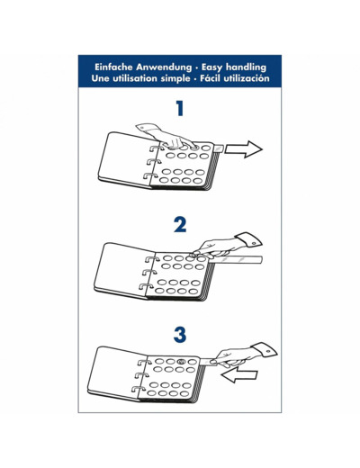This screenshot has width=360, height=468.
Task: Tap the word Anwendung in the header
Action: coord(164,67)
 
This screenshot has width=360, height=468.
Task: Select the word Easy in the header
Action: coord(212,67)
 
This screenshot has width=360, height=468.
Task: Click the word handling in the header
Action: coord(246,67)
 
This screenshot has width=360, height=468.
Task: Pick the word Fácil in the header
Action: coord(211,78)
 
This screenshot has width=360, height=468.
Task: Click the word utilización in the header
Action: coord(247,78)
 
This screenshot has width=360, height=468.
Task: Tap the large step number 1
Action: coord(180,108)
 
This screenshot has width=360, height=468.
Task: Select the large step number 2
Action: coord(180,225)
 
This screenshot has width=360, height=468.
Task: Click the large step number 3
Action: coord(180,335)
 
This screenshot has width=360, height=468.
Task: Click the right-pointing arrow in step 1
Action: coord(243,148)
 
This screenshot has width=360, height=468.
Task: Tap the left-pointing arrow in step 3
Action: coord(239,375)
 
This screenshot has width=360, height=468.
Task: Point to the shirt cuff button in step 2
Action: coord(254,243)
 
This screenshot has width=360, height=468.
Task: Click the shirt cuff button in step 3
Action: coord(269,352)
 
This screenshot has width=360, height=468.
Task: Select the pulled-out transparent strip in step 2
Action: coord(236,259)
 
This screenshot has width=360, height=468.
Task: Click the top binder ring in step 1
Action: coord(157,148)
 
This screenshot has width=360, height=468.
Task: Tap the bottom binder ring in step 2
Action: coord(146,286)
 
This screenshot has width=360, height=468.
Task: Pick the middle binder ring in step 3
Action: coord(141,375)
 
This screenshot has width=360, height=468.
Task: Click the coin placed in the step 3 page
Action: coord(181,362)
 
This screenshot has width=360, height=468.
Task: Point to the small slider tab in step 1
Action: coord(218,148)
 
